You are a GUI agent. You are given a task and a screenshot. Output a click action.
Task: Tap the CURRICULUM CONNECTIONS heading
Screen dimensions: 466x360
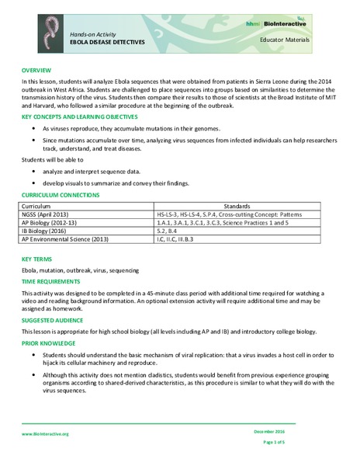(60, 195)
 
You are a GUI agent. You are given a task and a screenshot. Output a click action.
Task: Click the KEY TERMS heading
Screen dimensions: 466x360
(36, 259)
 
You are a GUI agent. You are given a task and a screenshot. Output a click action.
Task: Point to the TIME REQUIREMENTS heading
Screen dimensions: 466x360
(50, 280)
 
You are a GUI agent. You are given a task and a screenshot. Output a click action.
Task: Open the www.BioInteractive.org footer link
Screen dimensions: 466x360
(45, 434)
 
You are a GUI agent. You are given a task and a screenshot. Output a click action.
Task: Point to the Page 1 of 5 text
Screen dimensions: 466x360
(274, 441)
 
